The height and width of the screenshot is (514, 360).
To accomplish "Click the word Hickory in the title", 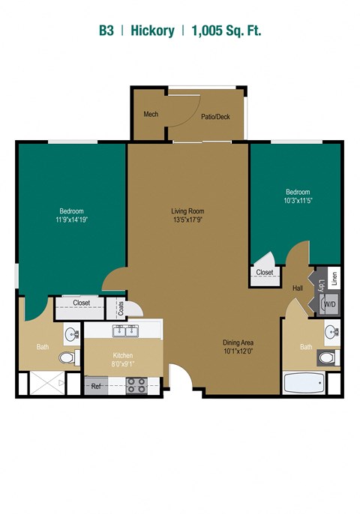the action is tap(152, 31).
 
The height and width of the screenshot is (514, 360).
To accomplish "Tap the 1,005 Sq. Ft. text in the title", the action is tap(226, 31).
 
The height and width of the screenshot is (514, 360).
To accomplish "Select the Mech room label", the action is tap(151, 114).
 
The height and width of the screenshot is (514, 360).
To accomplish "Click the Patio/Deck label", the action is tap(215, 116).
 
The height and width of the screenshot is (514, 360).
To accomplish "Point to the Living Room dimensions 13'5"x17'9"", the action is tap(187, 220).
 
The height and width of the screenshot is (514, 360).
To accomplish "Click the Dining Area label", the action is tap(238, 342).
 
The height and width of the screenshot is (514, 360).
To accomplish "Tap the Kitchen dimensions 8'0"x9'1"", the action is tap(123, 363).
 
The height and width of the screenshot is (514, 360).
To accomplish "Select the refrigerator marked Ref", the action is tap(96, 386).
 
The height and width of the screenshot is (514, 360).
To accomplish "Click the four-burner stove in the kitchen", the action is tap(136, 385).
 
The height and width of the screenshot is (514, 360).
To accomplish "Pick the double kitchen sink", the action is tap(126, 330).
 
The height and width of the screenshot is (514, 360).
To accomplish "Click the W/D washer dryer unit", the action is tap(328, 304).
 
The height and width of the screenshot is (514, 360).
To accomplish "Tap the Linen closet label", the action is tap(334, 279).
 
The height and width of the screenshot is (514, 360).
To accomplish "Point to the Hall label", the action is tap(298, 288).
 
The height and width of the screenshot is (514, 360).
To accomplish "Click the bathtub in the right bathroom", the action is tap(304, 383).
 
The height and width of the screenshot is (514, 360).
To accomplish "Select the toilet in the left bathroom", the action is tap(69, 357).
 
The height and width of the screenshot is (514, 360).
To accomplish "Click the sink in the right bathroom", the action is tap(331, 332).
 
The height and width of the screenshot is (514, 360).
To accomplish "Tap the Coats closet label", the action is tap(121, 308).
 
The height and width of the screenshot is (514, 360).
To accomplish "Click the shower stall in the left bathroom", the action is tap(47, 383).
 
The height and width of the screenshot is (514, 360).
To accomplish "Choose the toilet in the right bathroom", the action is tap(328, 357).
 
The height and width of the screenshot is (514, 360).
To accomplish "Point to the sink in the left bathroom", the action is tap(72, 335).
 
